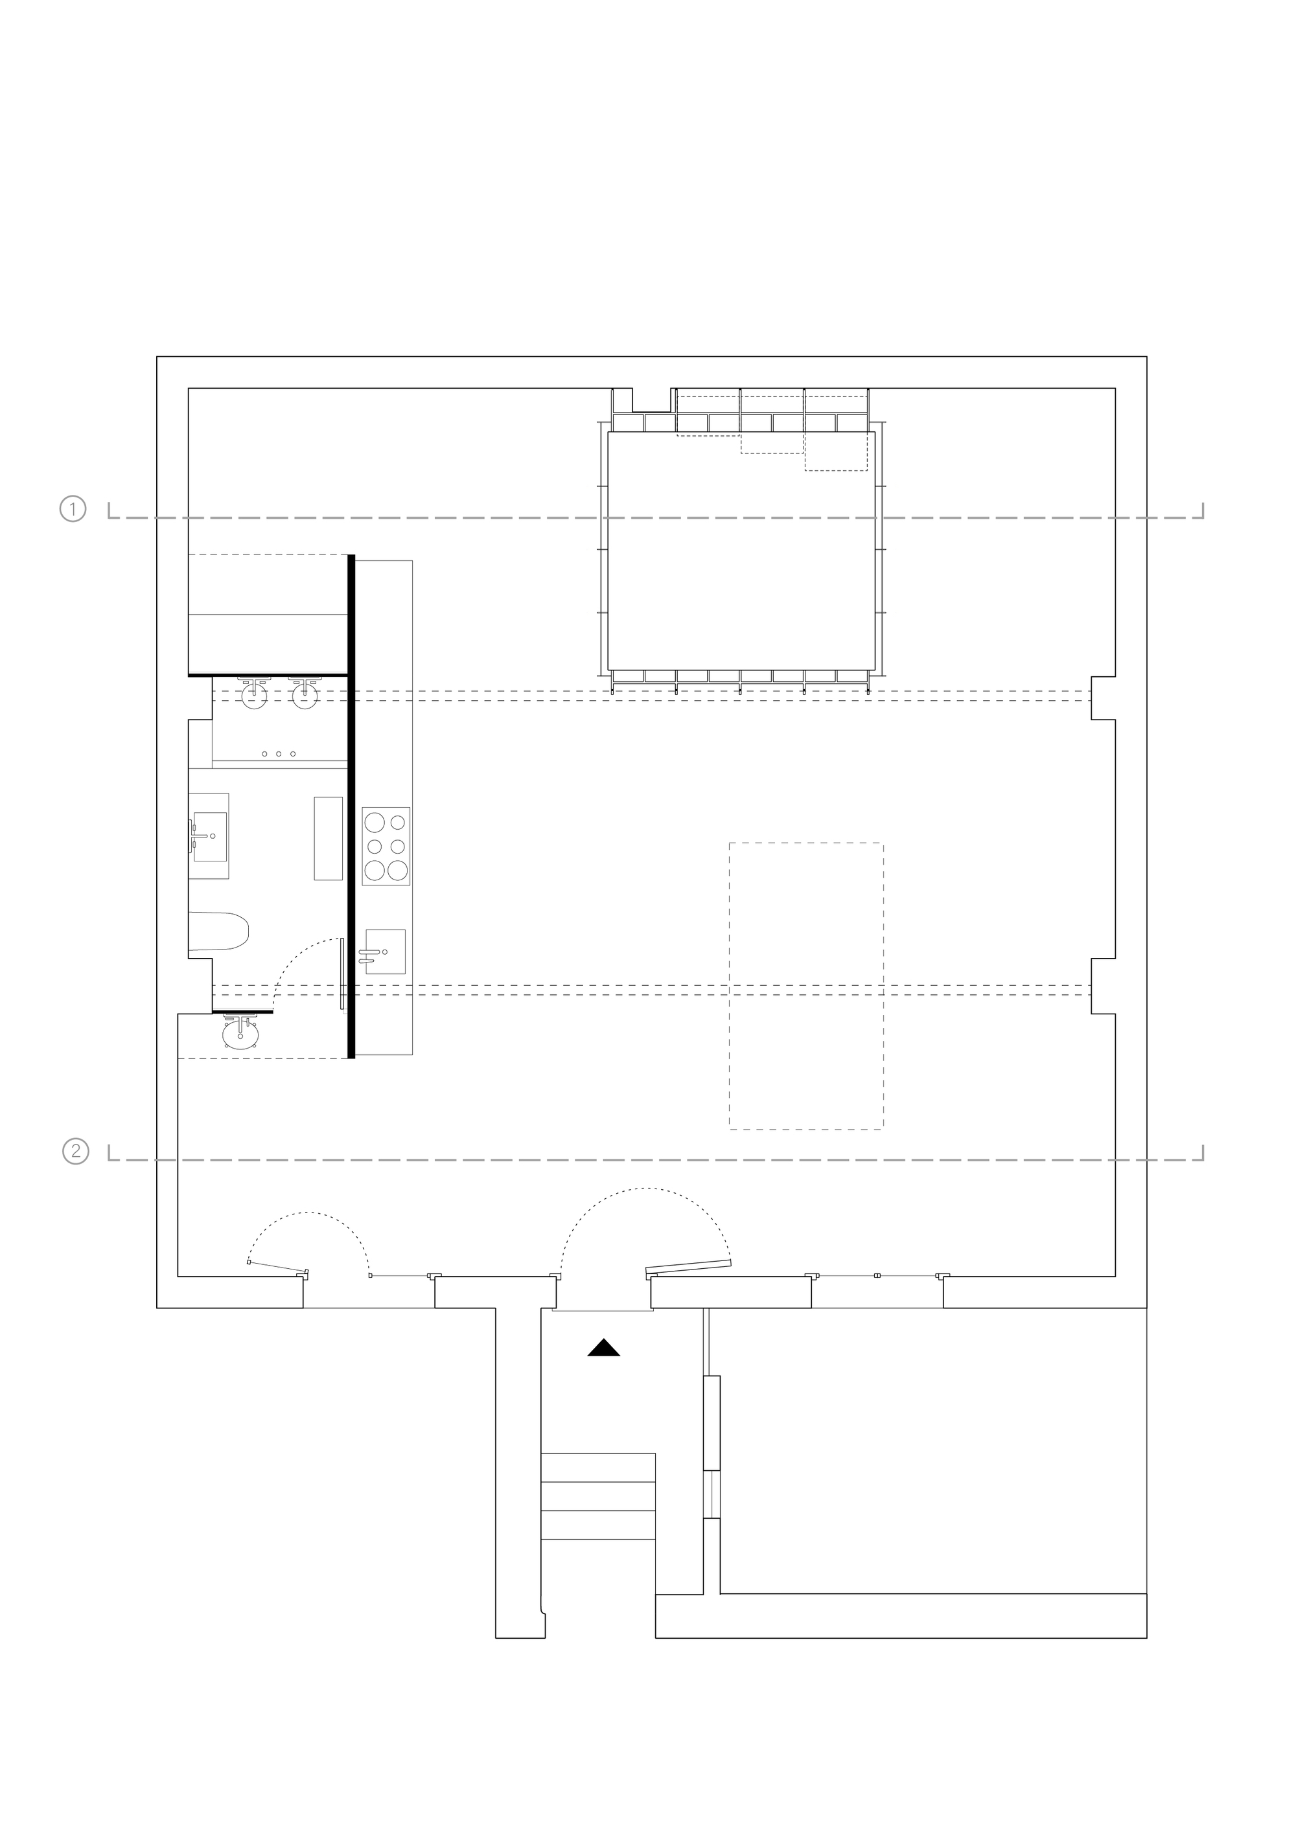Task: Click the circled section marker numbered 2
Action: point(76,1151)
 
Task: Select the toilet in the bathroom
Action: point(219,931)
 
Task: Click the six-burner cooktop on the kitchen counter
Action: point(386,847)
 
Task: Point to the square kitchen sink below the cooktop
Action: point(386,951)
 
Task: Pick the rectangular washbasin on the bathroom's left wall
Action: point(209,836)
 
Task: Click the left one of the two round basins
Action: point(254,696)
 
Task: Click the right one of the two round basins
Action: point(305,696)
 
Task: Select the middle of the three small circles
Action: point(279,754)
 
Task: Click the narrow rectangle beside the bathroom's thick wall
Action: point(328,838)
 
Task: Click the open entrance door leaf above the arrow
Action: point(689,1266)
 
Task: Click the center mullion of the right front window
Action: point(877,1276)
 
